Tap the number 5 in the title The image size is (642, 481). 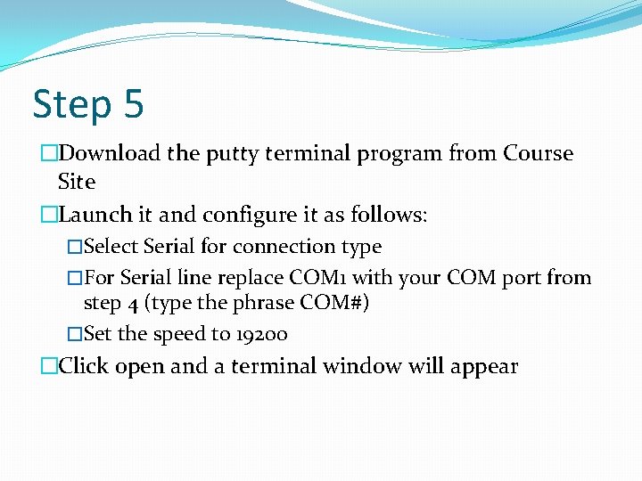point(134,103)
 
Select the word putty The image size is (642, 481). point(233,154)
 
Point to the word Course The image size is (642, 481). point(538,153)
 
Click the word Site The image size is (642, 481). point(76,182)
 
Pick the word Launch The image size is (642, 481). point(94,215)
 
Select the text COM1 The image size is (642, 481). point(325,277)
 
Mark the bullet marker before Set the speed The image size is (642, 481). point(74,334)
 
